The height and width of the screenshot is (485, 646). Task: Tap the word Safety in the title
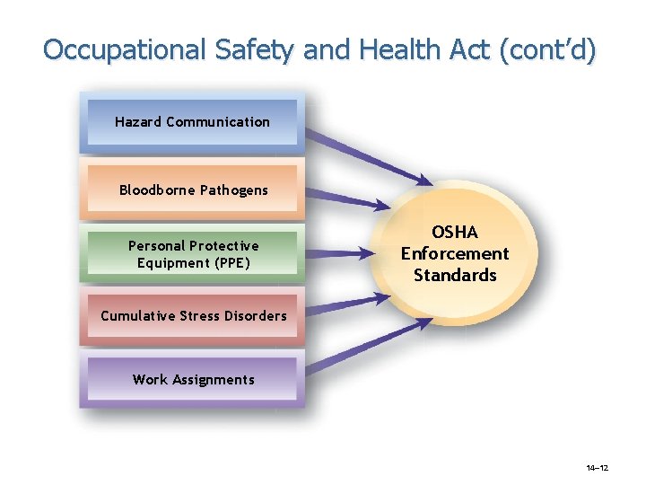tap(257, 49)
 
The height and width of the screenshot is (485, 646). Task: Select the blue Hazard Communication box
tap(192, 122)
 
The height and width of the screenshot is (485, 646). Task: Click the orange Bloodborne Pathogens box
tap(193, 190)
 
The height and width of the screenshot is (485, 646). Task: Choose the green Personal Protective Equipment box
tap(193, 253)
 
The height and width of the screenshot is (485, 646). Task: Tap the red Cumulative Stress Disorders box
tap(193, 315)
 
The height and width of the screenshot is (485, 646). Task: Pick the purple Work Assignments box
tap(193, 379)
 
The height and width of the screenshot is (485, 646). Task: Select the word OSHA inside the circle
tap(454, 234)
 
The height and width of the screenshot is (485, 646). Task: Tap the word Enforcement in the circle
tap(454, 254)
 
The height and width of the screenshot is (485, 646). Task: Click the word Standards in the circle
tap(454, 276)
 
